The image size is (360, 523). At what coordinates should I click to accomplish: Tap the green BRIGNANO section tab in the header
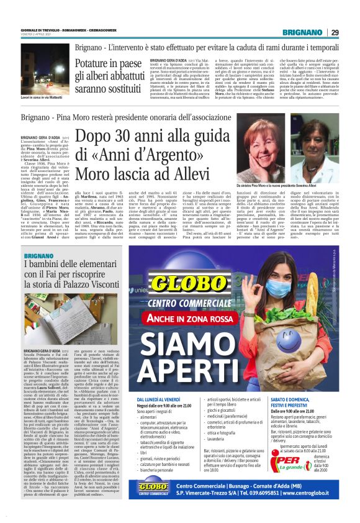point(302,32)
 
